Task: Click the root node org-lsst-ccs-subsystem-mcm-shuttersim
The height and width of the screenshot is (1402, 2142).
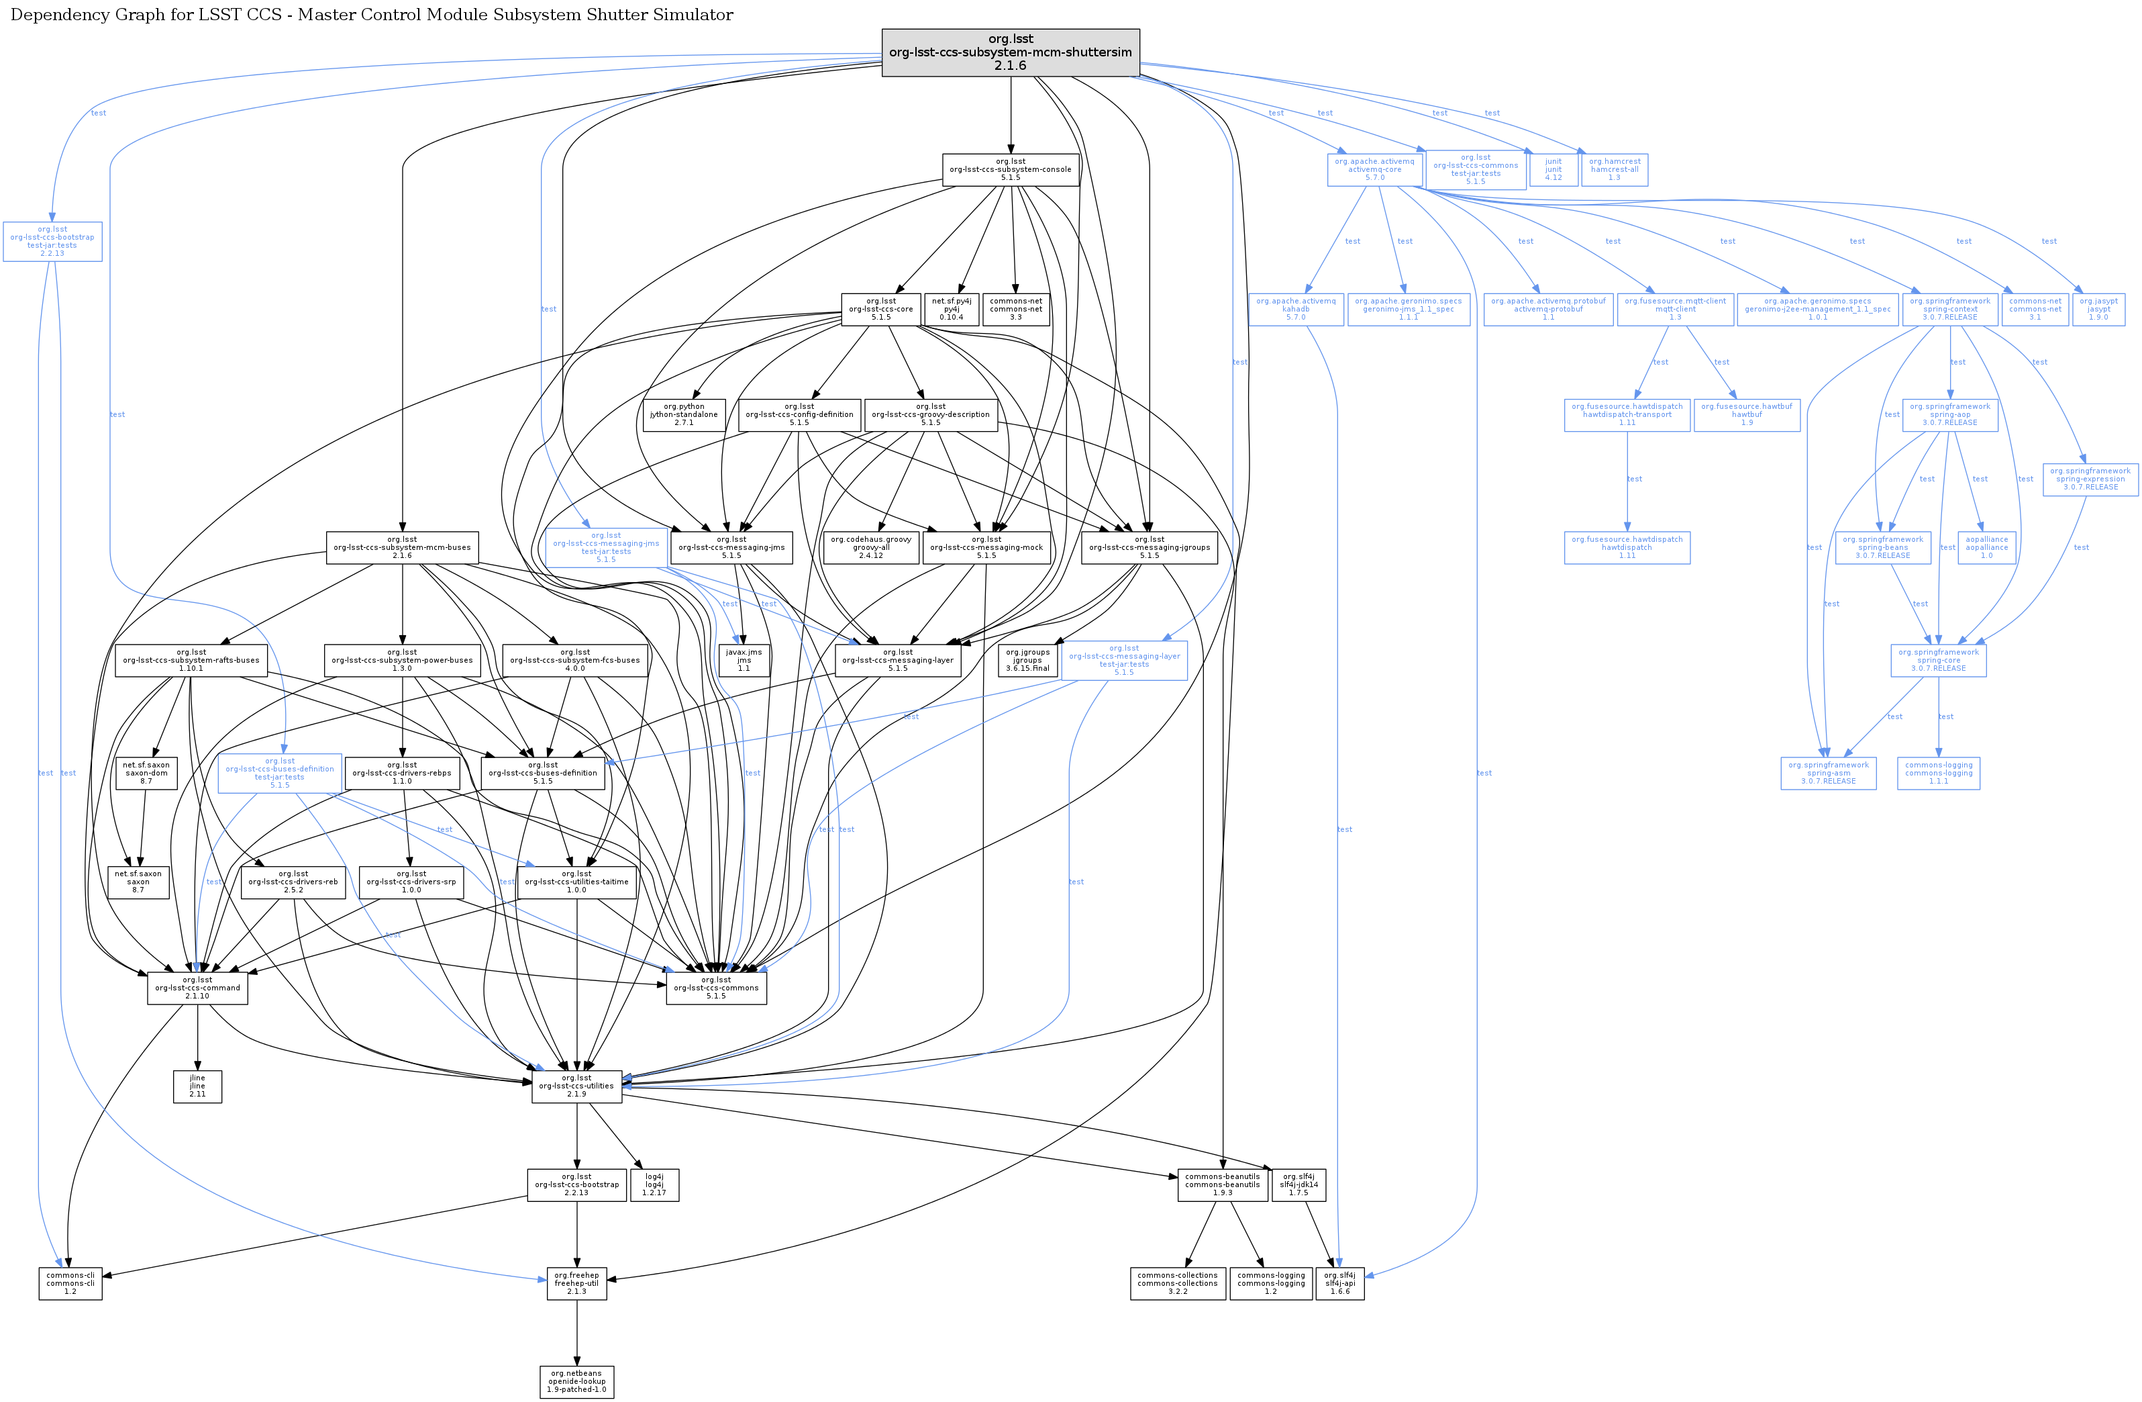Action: pyautogui.click(x=1010, y=52)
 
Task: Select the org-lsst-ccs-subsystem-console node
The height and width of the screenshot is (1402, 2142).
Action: pyautogui.click(x=1010, y=169)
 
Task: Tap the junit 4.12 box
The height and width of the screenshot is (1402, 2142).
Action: pyautogui.click(x=1553, y=169)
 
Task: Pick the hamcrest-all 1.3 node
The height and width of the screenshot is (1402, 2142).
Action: pyautogui.click(x=1615, y=169)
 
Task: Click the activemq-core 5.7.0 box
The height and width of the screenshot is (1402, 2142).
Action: pyautogui.click(x=1374, y=169)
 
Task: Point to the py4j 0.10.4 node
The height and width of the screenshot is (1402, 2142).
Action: pyautogui.click(x=952, y=309)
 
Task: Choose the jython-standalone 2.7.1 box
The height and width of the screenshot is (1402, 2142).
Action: pyautogui.click(x=684, y=414)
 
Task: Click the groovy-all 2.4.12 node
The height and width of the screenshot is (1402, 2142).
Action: pyautogui.click(x=870, y=547)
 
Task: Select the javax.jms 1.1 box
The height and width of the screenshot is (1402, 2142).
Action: pyautogui.click(x=744, y=660)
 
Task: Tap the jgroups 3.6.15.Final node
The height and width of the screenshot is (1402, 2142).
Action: pyautogui.click(x=1027, y=660)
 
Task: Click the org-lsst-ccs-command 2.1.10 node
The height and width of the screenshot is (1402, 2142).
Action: pyautogui.click(x=197, y=988)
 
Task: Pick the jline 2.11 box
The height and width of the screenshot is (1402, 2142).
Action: pyautogui.click(x=197, y=1086)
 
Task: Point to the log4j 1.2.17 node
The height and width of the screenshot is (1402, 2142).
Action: pyautogui.click(x=654, y=1185)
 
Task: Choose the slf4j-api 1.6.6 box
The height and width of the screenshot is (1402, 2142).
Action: pyautogui.click(x=1339, y=1283)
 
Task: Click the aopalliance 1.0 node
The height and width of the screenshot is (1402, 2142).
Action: pyautogui.click(x=1986, y=547)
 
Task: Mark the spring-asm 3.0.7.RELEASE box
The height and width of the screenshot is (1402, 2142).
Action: pyautogui.click(x=1828, y=773)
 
